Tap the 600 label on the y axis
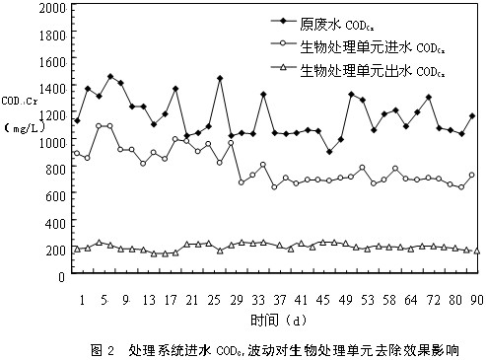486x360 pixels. point(55,196)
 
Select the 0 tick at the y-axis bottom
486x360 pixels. point(62,277)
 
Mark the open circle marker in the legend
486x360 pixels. point(254,45)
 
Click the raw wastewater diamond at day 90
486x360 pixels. point(472,116)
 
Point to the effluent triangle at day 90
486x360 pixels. point(477,251)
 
